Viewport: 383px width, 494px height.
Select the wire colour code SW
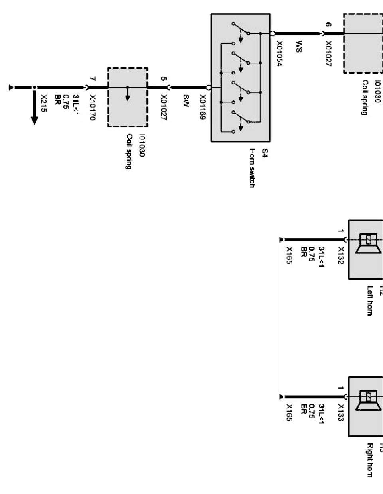(x=186, y=99)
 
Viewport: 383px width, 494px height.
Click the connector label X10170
(x=92, y=108)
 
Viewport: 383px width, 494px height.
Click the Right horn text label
(x=370, y=460)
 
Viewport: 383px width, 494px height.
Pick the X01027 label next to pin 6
(x=328, y=53)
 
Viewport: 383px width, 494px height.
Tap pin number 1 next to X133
(x=340, y=388)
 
